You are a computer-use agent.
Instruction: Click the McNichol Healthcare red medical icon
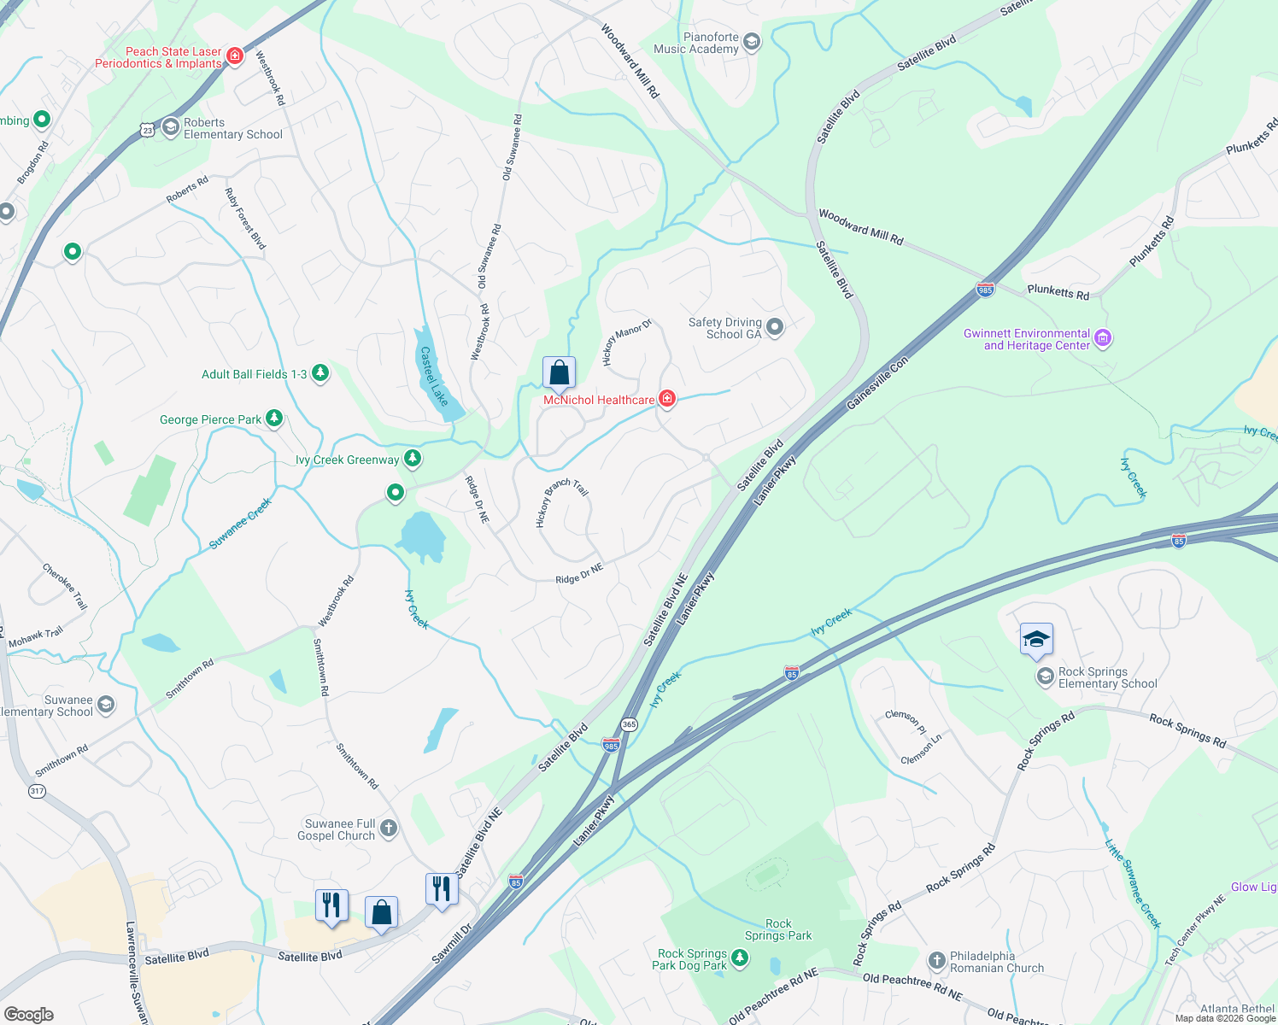tap(667, 399)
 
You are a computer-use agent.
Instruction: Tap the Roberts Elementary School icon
tap(170, 127)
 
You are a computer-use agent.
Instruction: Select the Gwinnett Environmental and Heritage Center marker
tap(1103, 339)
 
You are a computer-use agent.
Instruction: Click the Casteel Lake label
tap(434, 377)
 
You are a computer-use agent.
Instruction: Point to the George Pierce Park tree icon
tap(274, 419)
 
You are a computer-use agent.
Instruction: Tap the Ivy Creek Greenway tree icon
tap(413, 459)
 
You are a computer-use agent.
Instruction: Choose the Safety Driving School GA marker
tap(775, 327)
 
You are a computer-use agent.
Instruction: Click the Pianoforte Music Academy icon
tap(752, 42)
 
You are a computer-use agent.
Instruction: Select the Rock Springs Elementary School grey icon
tap(1045, 677)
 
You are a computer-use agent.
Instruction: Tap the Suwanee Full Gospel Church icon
tap(388, 828)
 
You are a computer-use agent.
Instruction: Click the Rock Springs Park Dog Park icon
tap(740, 958)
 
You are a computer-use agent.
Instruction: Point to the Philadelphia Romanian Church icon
tap(936, 961)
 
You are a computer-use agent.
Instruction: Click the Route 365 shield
tap(630, 724)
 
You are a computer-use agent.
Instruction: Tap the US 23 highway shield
tap(148, 130)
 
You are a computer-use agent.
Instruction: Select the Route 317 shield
tap(37, 791)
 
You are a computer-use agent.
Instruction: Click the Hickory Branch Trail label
tap(561, 502)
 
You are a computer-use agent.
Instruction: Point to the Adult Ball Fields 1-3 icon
tap(320, 373)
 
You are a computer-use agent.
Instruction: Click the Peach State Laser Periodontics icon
tap(235, 56)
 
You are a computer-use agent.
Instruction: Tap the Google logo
tap(28, 1015)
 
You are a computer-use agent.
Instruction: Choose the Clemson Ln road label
tap(921, 748)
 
